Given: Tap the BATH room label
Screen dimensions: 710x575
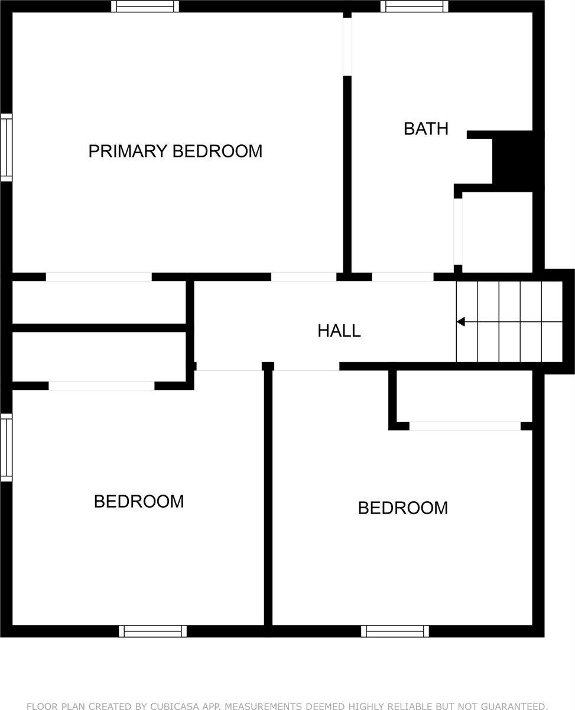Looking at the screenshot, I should [425, 128].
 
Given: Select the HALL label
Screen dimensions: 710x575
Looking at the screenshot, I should [339, 331].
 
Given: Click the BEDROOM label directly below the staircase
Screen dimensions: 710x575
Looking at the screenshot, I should [402, 508].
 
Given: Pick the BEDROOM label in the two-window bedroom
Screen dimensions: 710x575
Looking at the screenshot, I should [139, 501].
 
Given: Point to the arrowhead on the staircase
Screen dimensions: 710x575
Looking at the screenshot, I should [461, 322].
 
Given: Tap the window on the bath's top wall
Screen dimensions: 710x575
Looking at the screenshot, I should [414, 7].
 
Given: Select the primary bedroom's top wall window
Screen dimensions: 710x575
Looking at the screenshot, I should [145, 7].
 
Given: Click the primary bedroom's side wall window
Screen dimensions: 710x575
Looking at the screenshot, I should [6, 147].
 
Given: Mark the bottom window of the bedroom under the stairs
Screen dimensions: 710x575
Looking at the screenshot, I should [395, 631].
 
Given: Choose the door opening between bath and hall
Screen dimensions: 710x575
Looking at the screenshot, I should [402, 276].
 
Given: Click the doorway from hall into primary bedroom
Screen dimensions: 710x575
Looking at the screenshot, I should [304, 276].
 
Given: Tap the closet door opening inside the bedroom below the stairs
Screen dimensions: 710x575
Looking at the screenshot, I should [465, 426].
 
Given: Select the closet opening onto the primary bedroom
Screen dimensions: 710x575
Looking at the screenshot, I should [99, 276].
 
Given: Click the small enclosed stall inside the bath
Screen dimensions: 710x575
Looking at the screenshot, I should [496, 231].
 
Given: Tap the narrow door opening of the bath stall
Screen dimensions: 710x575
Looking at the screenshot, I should [458, 231].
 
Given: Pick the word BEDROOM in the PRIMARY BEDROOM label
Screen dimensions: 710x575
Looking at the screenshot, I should [217, 151].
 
